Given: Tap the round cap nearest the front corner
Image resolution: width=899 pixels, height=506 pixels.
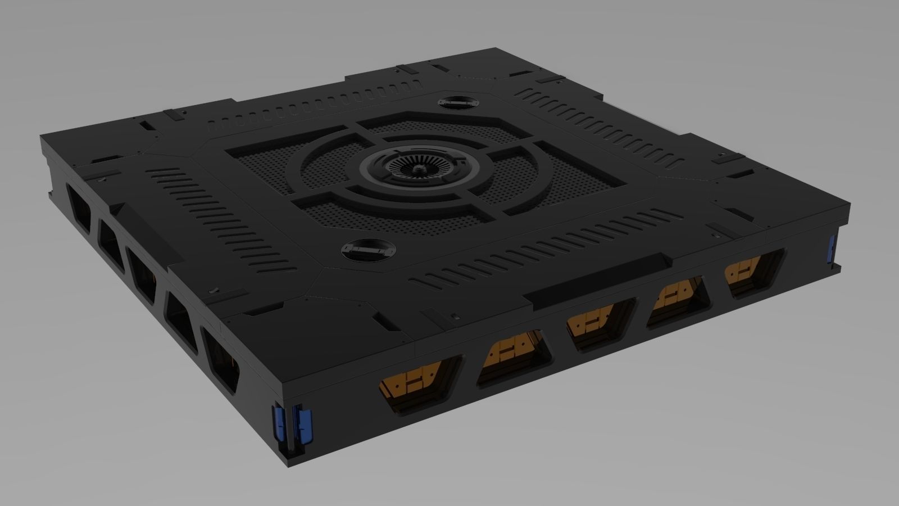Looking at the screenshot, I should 368,249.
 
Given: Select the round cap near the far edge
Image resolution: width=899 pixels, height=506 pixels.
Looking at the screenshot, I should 457,103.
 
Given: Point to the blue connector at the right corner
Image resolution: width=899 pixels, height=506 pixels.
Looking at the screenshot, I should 833,248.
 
